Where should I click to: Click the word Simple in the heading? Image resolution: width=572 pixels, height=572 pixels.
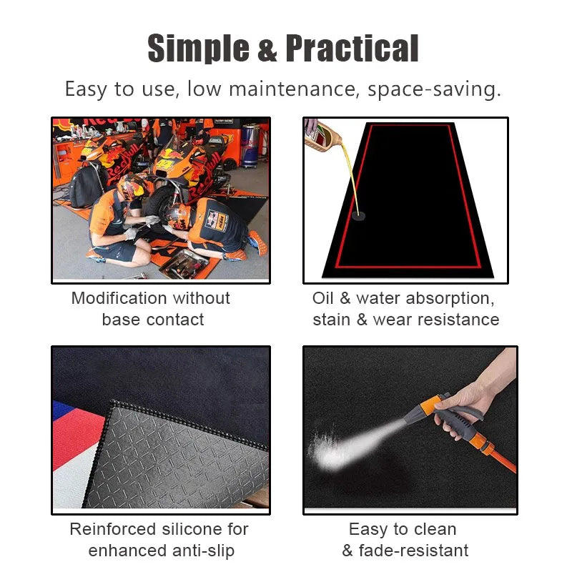coord(197,49)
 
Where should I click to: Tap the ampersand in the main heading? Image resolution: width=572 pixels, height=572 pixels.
coord(266,51)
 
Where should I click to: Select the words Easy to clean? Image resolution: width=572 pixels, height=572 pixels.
coord(402,529)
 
